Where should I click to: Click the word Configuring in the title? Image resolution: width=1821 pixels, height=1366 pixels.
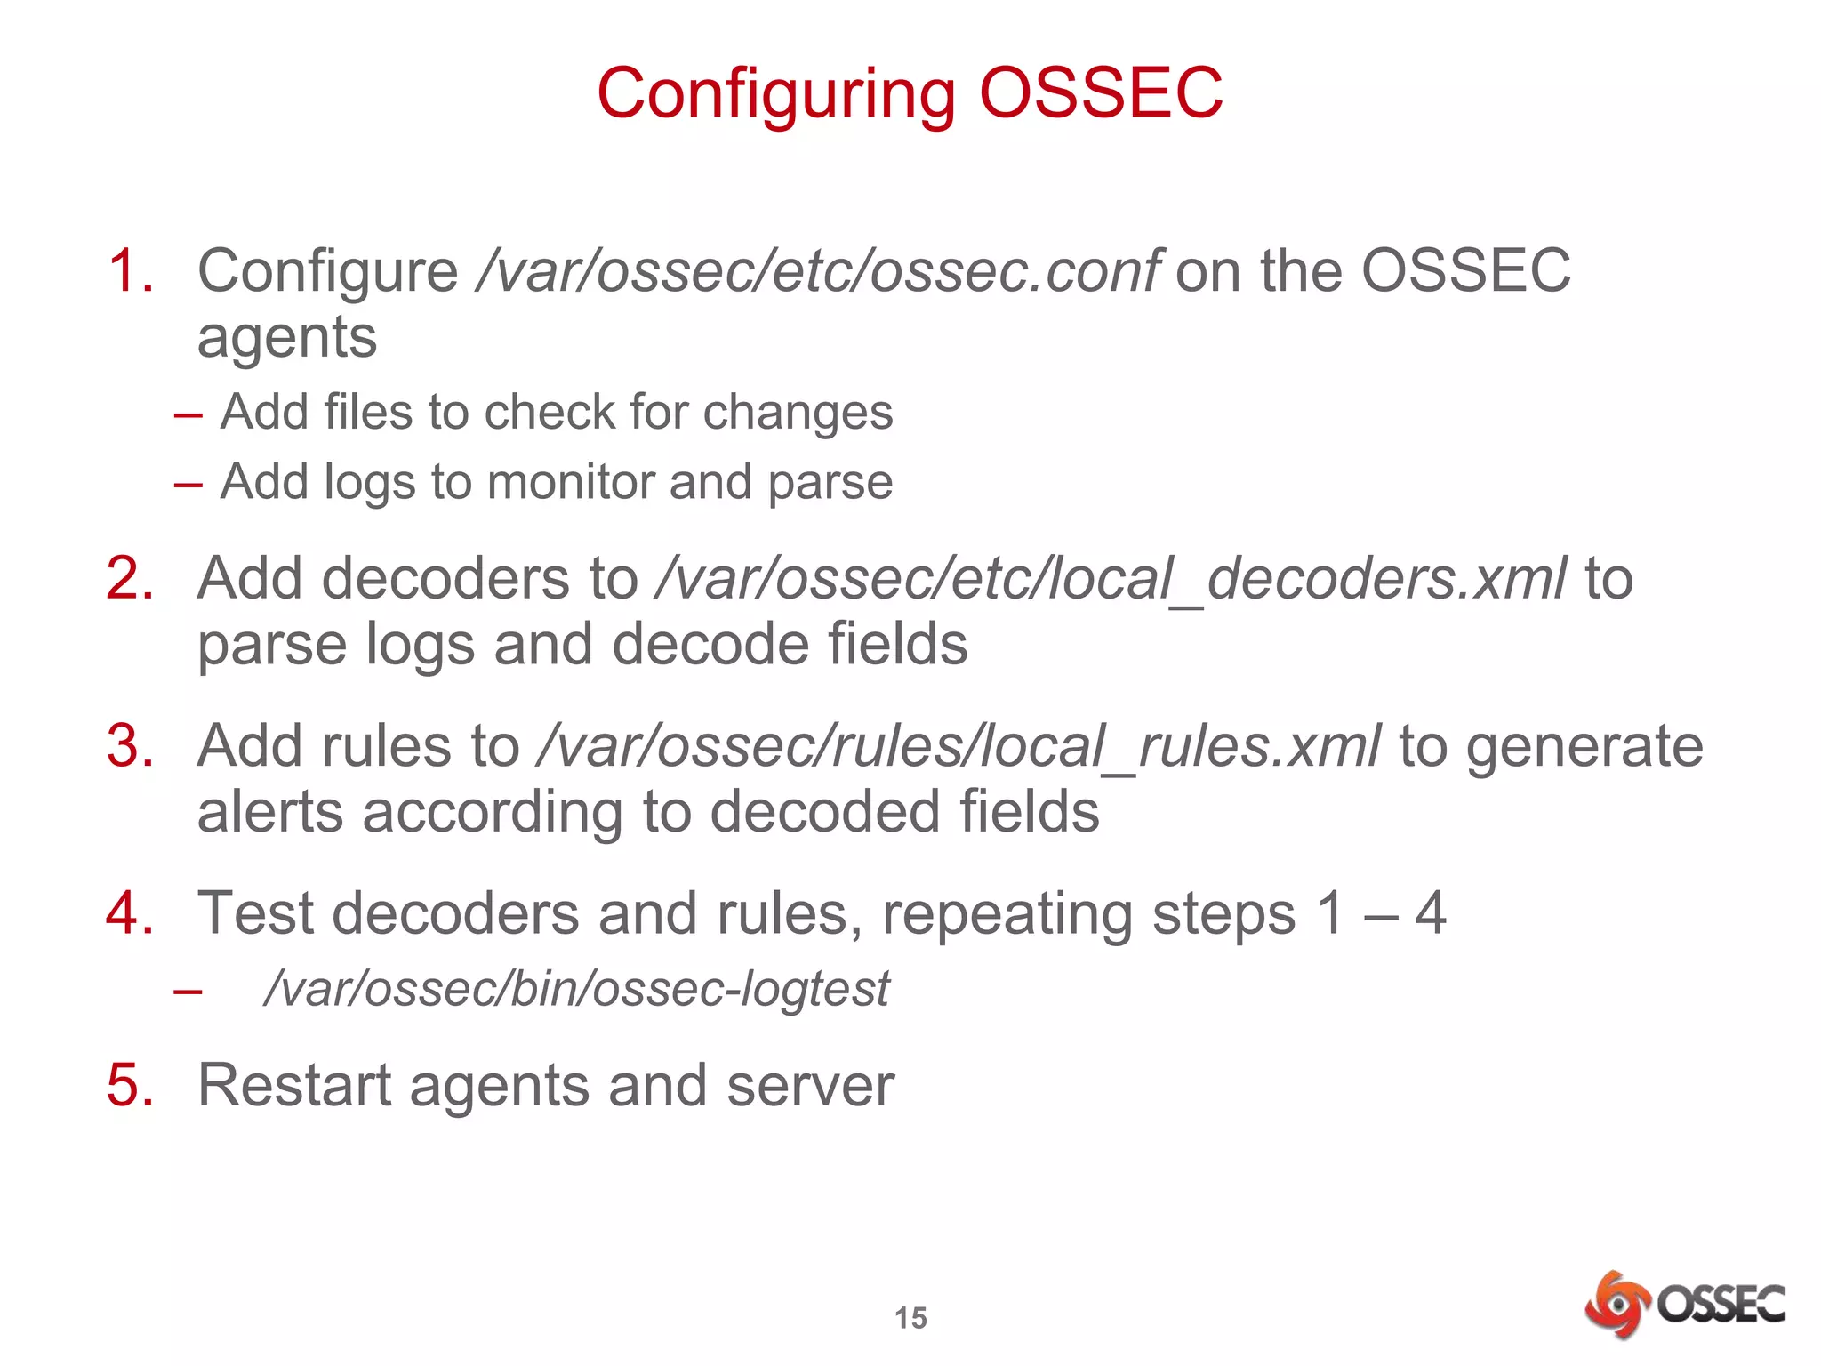point(776,94)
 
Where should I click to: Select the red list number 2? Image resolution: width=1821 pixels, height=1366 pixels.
point(130,578)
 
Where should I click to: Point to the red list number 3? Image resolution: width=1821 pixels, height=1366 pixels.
point(130,745)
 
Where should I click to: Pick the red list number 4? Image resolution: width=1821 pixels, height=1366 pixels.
point(130,912)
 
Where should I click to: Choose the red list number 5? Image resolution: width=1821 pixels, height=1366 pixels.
point(130,1085)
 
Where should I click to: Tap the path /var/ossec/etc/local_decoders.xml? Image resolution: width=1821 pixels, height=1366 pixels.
point(1110,578)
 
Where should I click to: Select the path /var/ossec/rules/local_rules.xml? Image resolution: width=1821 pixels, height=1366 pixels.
point(959,745)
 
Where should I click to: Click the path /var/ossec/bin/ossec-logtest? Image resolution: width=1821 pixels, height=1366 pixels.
point(576,989)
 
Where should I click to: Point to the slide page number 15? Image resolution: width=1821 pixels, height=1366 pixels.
point(910,1317)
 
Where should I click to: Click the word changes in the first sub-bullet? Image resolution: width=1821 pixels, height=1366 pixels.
point(798,413)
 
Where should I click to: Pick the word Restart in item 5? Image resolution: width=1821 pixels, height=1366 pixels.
point(293,1085)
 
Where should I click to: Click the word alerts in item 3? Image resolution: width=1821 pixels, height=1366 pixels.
point(269,812)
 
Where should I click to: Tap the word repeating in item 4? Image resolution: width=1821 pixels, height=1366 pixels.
point(1007,914)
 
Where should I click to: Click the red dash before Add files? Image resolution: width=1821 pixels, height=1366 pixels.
point(189,414)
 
